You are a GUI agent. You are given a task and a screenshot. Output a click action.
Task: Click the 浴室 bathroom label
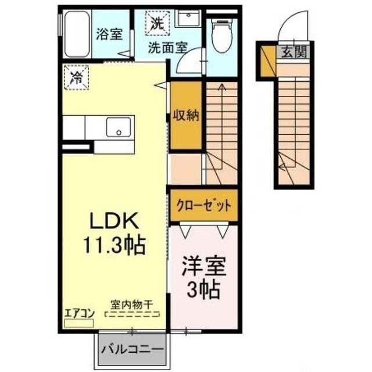[109, 34]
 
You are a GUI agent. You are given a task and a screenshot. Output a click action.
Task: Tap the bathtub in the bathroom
[77, 34]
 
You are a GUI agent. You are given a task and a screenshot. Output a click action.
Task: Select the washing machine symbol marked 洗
[158, 23]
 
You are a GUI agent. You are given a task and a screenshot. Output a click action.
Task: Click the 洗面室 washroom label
[168, 48]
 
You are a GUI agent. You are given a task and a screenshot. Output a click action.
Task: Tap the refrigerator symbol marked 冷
[76, 77]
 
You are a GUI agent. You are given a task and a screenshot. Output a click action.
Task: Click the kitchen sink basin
[119, 127]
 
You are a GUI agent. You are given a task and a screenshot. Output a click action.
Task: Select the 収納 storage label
[186, 115]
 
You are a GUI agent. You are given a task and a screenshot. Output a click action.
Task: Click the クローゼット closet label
[204, 205]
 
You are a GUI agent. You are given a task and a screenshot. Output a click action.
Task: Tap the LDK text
[114, 221]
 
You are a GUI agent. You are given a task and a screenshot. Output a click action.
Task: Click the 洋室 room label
[204, 266]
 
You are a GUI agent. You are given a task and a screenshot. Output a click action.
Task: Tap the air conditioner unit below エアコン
[79, 323]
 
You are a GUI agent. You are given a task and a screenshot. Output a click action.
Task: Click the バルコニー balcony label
[133, 349]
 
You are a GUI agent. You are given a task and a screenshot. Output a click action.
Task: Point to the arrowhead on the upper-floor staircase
[222, 87]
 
